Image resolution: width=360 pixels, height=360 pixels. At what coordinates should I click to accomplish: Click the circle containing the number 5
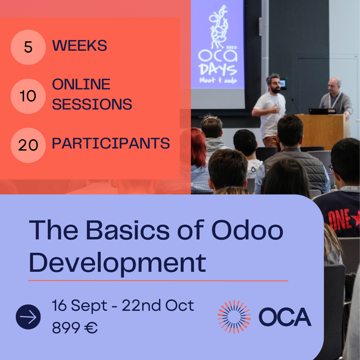point(28,47)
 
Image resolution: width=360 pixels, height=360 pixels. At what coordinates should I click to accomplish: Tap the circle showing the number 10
point(28,96)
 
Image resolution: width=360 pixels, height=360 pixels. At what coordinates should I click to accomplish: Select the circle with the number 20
point(28,145)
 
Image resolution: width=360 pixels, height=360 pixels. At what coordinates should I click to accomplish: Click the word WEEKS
point(79,46)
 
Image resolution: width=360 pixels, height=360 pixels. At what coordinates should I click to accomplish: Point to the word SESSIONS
point(92,104)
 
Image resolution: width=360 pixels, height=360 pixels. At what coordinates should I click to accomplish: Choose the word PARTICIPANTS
point(111,143)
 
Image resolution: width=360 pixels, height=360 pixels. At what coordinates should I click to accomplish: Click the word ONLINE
point(81,84)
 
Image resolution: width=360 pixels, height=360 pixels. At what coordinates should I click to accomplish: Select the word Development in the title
point(117,263)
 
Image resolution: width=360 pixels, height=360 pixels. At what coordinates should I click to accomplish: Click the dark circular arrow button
point(28,317)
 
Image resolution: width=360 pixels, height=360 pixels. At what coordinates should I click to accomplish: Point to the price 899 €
point(75,328)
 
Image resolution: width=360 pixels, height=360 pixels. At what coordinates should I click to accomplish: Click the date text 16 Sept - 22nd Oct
point(123,306)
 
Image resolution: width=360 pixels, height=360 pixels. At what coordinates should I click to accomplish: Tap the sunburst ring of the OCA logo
point(234,317)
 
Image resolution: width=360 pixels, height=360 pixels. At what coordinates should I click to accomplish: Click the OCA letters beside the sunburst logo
point(285,317)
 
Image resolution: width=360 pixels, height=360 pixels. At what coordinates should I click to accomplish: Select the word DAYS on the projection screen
point(218,70)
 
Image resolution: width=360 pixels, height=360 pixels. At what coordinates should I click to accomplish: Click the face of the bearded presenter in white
point(274,84)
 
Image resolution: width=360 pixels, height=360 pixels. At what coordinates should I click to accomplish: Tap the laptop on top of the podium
point(322,111)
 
